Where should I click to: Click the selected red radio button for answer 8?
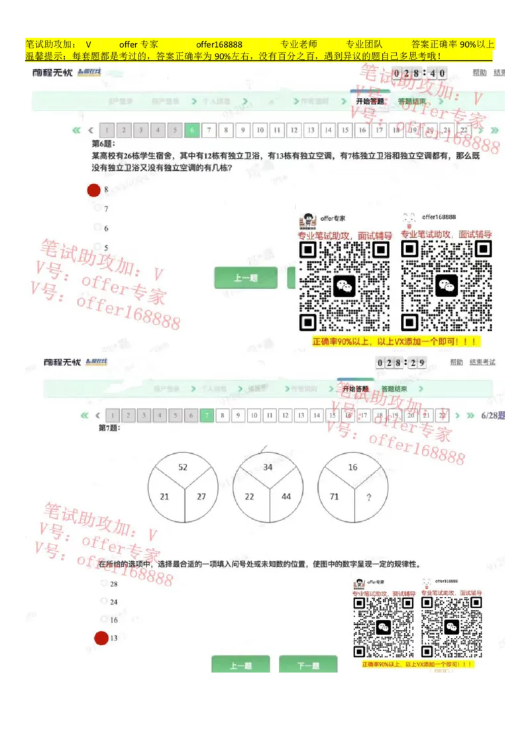tap(94, 191)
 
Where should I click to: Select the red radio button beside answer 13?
tap(101, 639)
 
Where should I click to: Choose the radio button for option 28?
tap(103, 584)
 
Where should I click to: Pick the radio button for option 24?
tap(103, 601)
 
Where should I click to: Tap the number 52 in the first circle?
tap(183, 467)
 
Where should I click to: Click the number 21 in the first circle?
tap(165, 497)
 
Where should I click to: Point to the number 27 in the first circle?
tap(201, 497)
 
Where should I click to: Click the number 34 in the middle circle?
tap(268, 467)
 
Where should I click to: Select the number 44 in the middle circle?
tap(286, 497)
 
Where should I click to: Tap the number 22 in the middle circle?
tap(250, 497)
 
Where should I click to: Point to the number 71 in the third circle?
tap(335, 497)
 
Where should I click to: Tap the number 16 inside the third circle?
tap(352, 467)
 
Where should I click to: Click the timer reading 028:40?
tap(419, 73)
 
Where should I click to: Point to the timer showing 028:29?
tap(401, 363)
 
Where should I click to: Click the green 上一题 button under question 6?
tap(246, 278)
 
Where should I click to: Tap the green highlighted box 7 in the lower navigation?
tap(207, 416)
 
